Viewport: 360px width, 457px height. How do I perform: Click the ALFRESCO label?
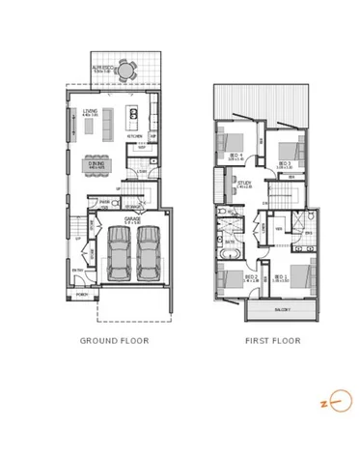point(103,68)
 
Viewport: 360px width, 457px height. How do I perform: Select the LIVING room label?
point(91,112)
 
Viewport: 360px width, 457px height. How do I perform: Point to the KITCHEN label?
point(135,136)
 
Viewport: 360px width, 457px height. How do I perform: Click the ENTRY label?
point(77,271)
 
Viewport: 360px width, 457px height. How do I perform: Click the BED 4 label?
point(235,156)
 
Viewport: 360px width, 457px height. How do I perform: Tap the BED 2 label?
point(250,276)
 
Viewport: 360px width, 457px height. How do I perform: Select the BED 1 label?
point(282,276)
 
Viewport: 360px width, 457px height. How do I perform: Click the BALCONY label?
point(282,310)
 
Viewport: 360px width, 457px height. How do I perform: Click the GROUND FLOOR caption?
point(114,341)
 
